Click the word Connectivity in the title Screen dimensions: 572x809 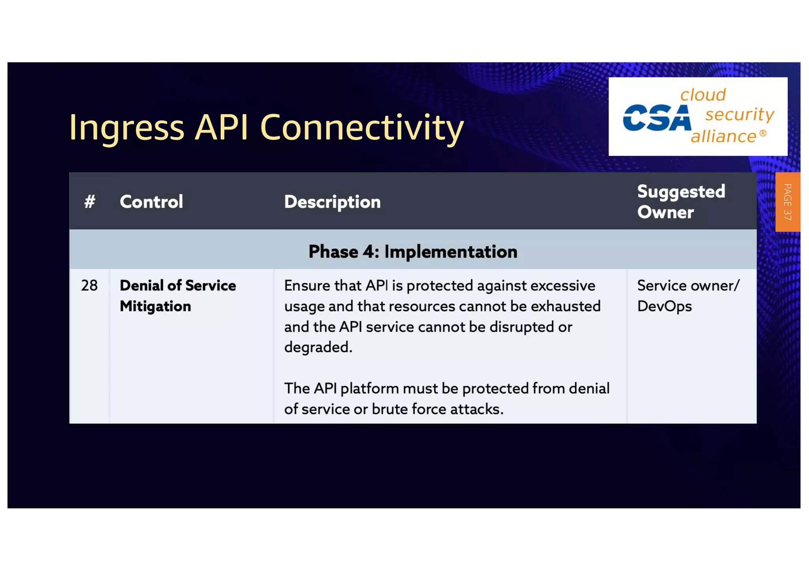coord(361,127)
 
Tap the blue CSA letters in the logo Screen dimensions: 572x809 coord(657,118)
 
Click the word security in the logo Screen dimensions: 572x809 coord(739,115)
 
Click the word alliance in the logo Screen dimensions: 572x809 coord(723,136)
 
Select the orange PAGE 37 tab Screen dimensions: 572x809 coord(787,202)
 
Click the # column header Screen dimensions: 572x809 coord(90,202)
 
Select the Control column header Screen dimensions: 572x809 coord(151,202)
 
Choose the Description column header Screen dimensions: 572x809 coord(332,202)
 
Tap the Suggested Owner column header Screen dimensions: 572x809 coord(681,201)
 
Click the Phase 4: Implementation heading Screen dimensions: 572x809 coord(413,252)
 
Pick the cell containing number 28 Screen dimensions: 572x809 coord(89,286)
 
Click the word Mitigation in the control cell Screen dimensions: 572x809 coord(155,307)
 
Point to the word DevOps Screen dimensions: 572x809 coord(664,307)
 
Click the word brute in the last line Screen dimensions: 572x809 coord(389,409)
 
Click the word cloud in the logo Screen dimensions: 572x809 coord(703,95)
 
